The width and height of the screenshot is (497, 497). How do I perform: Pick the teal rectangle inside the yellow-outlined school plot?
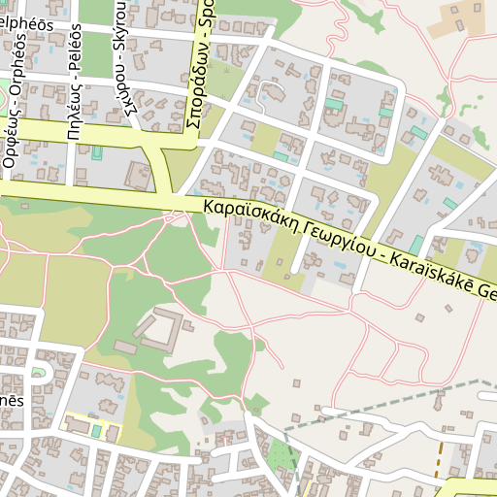[x=95, y=430]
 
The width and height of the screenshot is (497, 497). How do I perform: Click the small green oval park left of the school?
[x=40, y=373]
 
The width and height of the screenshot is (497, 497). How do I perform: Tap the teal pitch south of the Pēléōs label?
[x=97, y=152]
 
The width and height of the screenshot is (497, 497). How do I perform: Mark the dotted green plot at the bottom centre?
[x=281, y=456]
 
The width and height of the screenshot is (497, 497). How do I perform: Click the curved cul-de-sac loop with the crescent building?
[x=272, y=94]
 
